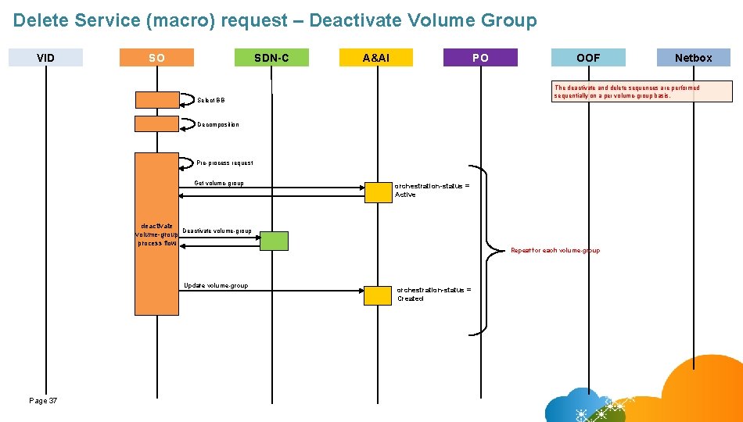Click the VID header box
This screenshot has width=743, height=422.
pos(45,57)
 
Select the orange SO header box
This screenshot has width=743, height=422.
pos(156,57)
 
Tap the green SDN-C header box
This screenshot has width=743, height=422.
pos(271,57)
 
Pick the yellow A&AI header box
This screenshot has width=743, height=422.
pos(376,57)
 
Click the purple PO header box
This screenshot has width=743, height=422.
pos(480,57)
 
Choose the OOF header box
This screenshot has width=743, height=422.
pos(588,57)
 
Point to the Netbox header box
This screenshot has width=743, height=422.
pos(693,57)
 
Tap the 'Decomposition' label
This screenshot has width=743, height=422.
pos(217,124)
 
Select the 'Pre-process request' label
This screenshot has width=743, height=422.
pos(224,163)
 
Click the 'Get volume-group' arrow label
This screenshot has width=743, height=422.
pos(218,184)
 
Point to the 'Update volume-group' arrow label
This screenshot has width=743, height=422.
pos(215,285)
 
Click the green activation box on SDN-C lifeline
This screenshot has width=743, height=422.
pos(274,241)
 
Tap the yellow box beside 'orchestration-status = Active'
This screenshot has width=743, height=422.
pos(378,192)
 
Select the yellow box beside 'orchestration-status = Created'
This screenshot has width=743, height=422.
pos(378,295)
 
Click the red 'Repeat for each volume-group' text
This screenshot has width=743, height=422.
pos(555,250)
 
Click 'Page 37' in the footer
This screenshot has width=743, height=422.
pos(43,400)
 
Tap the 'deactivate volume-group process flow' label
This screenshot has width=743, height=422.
pos(157,234)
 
